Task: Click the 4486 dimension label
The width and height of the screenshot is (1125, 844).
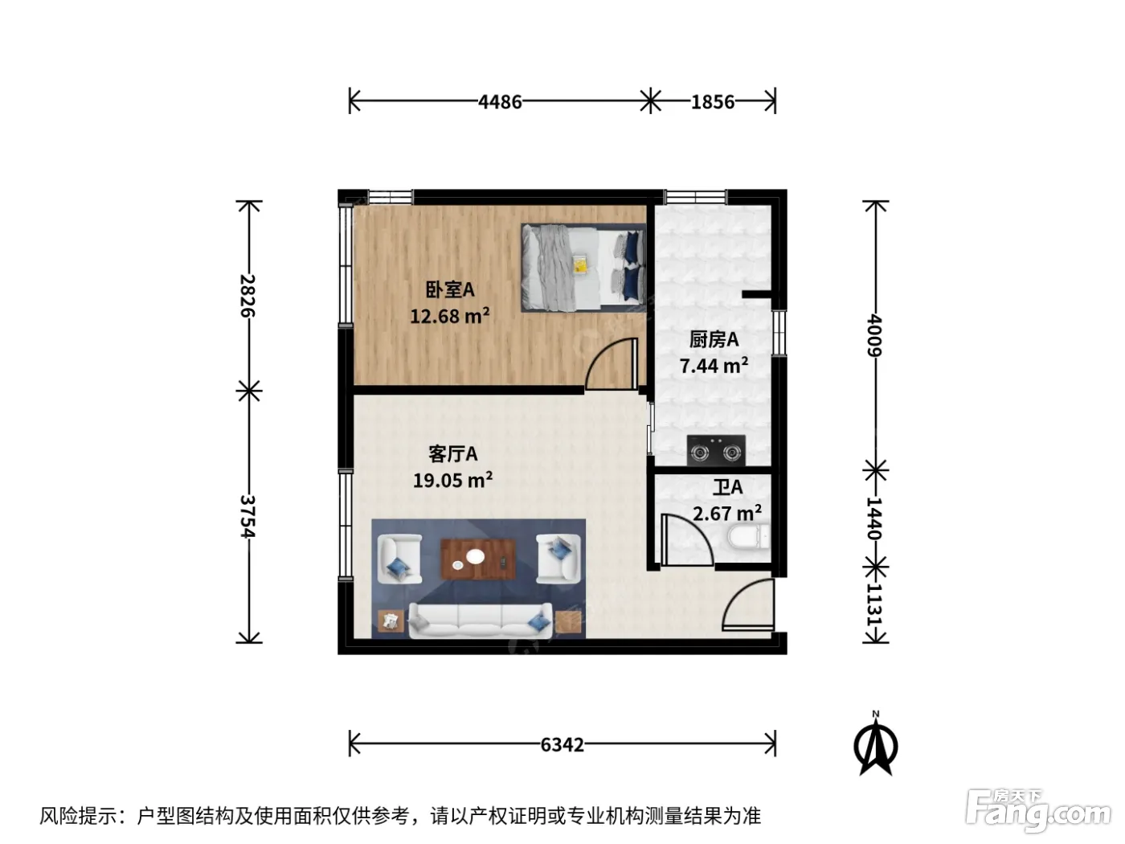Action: [x=500, y=102]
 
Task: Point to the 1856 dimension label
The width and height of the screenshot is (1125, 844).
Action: [x=713, y=102]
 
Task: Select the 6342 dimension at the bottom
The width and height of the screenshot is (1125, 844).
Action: [x=562, y=744]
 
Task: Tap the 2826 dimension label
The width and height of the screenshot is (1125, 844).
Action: [x=248, y=296]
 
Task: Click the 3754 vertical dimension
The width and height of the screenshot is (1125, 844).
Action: [x=248, y=516]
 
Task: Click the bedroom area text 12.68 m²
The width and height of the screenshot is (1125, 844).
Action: [x=449, y=316]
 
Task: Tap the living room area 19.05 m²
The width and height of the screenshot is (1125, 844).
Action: [x=452, y=480]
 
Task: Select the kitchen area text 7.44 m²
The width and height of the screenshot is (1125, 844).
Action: [x=714, y=366]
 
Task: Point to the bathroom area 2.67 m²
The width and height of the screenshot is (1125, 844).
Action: [x=726, y=513]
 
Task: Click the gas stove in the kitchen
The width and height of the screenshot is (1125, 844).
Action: [x=716, y=450]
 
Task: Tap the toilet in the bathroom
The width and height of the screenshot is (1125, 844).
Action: [x=748, y=536]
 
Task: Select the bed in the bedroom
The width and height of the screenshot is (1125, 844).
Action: [x=583, y=268]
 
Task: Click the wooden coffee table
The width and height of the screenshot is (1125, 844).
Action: [x=478, y=559]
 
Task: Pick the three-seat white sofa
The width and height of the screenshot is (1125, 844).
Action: [x=481, y=621]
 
